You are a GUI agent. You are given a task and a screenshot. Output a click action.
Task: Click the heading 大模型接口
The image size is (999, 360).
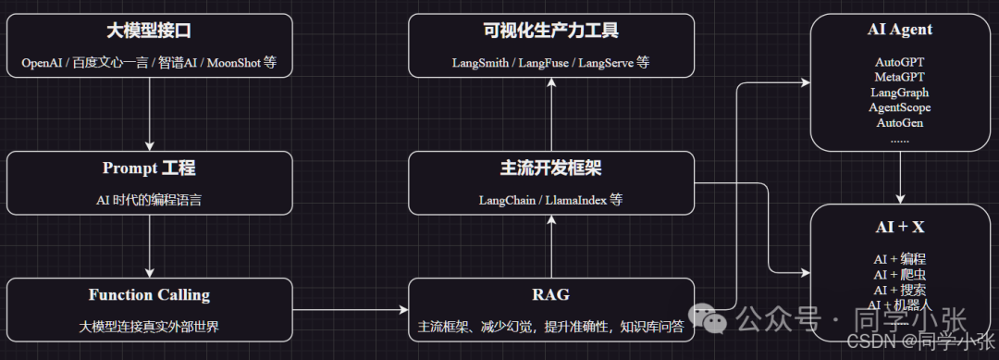pos(149,30)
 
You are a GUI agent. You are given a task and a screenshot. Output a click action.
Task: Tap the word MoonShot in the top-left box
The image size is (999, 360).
pos(234,63)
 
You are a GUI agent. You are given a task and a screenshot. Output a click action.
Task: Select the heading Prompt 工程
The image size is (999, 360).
pos(149,168)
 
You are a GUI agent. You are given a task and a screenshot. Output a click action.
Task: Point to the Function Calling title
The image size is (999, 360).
pos(149,295)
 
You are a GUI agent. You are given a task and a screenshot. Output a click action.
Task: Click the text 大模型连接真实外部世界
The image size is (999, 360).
pos(149,327)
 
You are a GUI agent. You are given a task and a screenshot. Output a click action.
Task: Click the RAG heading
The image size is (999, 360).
pos(551,294)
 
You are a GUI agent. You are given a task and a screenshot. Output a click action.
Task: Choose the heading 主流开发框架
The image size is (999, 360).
pos(551,168)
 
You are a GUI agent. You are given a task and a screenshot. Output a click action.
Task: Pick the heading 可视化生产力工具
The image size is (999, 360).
pos(551,30)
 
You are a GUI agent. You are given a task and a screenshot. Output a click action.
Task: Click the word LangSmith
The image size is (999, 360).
pos(480,63)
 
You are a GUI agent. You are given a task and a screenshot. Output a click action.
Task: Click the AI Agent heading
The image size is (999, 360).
pos(900,30)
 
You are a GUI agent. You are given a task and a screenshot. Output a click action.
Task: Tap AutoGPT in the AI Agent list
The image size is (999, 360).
pos(900,62)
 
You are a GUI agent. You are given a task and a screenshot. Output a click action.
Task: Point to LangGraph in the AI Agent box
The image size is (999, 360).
pos(900,93)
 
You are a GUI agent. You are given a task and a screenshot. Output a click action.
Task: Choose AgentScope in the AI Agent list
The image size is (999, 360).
pos(900,107)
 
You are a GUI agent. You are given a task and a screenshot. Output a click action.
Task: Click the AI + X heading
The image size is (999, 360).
pos(900,228)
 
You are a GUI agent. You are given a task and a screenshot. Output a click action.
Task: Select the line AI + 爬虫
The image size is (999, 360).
pos(900,275)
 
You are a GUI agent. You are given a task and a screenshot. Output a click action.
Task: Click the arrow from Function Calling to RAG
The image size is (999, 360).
pos(351,310)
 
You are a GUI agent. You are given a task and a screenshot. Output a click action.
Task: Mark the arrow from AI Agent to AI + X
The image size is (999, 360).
pos(900,178)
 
